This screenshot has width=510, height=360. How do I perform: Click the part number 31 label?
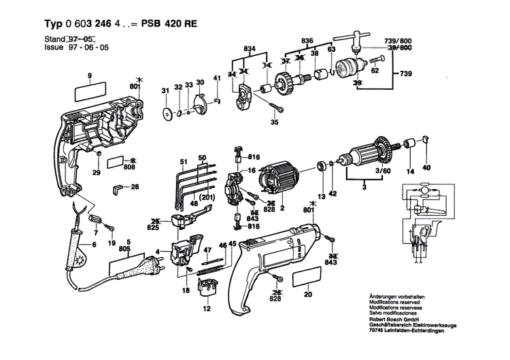tap(164, 91)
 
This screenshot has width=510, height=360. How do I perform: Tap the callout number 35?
tap(275, 122)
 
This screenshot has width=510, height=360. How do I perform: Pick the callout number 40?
tap(427, 167)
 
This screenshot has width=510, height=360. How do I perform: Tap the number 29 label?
tap(96, 174)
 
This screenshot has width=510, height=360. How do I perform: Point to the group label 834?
tap(250, 50)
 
